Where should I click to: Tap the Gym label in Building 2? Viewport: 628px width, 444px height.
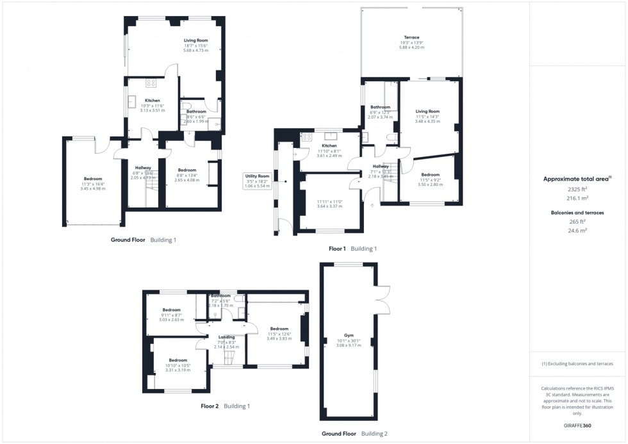[x=349, y=336]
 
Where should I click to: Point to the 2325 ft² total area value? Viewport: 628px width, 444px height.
[x=577, y=190]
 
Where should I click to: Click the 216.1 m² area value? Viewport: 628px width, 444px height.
[x=577, y=199]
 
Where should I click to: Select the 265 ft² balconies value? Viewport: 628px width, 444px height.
[x=577, y=222]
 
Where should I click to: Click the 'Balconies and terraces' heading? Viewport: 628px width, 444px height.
[x=577, y=213]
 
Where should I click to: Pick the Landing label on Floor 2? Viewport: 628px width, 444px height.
[x=226, y=337]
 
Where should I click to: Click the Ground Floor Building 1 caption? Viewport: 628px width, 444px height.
[x=144, y=240]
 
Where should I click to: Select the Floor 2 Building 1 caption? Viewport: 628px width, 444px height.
[x=225, y=406]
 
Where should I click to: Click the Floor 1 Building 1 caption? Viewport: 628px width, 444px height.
[x=352, y=249]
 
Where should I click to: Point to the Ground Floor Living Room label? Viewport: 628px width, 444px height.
[x=195, y=40]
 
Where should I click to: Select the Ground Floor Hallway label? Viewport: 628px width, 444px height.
[x=143, y=168]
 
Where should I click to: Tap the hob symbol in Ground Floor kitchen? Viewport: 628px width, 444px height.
[x=152, y=83]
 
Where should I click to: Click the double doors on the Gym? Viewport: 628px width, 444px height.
[x=383, y=298]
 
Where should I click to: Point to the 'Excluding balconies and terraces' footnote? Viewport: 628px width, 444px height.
[x=577, y=364]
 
